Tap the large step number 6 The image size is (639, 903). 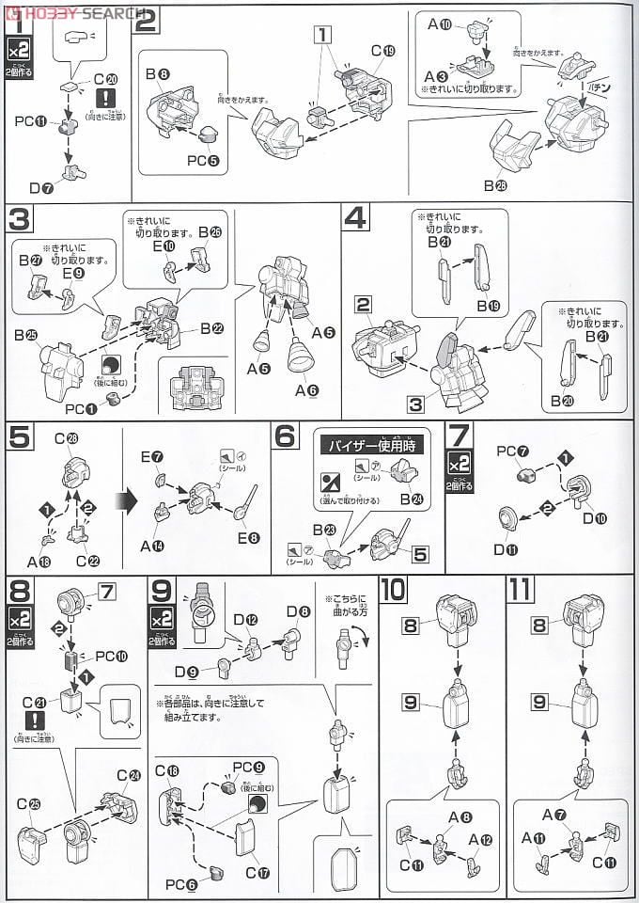pyautogui.click(x=287, y=436)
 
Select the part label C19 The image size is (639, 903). pyautogui.click(x=388, y=50)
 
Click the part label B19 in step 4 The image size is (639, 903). pyautogui.click(x=491, y=306)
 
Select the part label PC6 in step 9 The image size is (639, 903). pyautogui.click(x=179, y=883)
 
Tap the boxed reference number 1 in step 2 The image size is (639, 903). pyautogui.click(x=323, y=36)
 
